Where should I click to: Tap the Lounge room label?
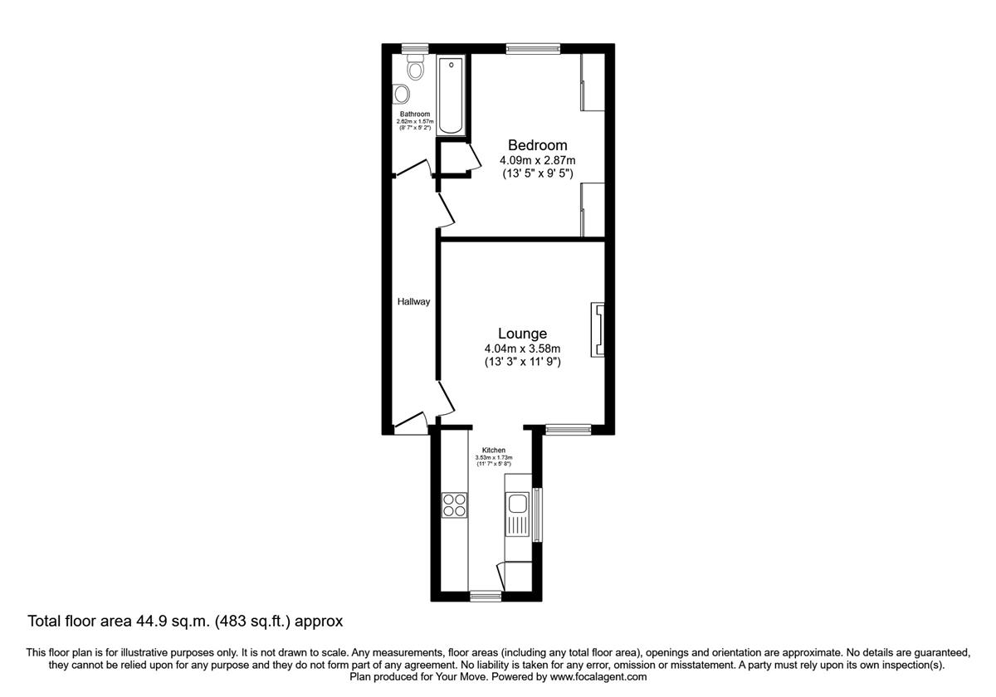tap(522, 333)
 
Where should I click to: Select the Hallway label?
tap(413, 302)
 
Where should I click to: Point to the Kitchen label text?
tap(494, 451)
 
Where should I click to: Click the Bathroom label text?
tap(415, 114)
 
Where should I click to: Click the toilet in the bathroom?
tap(416, 68)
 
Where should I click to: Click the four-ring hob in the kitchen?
tap(454, 505)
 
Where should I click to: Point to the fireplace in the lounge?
tap(598, 330)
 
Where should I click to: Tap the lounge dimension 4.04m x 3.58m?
tap(522, 348)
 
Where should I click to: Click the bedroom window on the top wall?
tap(531, 48)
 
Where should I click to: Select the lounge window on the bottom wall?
tap(569, 429)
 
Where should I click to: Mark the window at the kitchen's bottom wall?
tap(486, 596)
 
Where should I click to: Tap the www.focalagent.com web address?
tap(597, 677)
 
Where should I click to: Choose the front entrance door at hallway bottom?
tap(411, 425)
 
